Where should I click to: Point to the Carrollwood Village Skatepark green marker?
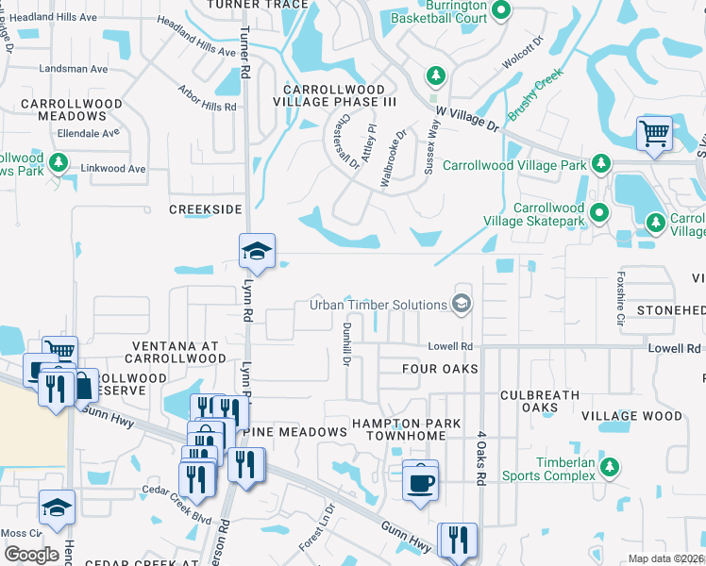pyautogui.click(x=597, y=213)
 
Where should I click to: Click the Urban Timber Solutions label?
pyautogui.click(x=378, y=305)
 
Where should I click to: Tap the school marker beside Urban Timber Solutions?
pyautogui.click(x=462, y=303)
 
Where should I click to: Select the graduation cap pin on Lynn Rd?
pyautogui.click(x=256, y=250)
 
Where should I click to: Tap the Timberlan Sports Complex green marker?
pyautogui.click(x=610, y=466)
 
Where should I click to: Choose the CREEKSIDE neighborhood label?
pyautogui.click(x=206, y=208)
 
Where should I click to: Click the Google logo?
pyautogui.click(x=31, y=554)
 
